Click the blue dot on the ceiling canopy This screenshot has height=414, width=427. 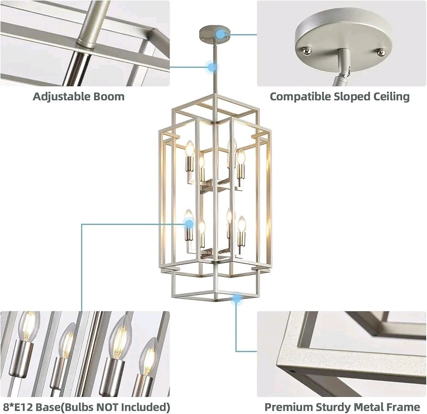click(220, 34)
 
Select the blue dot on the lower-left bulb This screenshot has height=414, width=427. click(189, 224)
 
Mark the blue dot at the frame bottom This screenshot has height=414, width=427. click(236, 299)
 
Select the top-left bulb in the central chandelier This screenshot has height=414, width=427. click(190, 148)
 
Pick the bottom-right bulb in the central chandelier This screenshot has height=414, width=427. click(241, 225)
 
